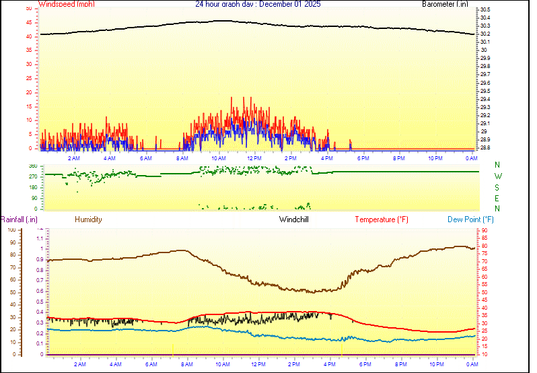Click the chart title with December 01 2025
[258, 4]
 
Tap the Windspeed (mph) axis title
[67, 4]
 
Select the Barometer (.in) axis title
[445, 4]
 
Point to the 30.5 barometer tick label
[485, 9]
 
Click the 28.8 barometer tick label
[485, 147]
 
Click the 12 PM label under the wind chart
[254, 158]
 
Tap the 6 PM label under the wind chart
[363, 158]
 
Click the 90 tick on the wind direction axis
[34, 199]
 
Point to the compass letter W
[498, 176]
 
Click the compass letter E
[498, 198]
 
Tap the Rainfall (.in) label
[19, 219]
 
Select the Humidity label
[88, 219]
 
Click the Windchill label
[294, 219]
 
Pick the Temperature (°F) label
[382, 219]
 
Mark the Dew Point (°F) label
[471, 219]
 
